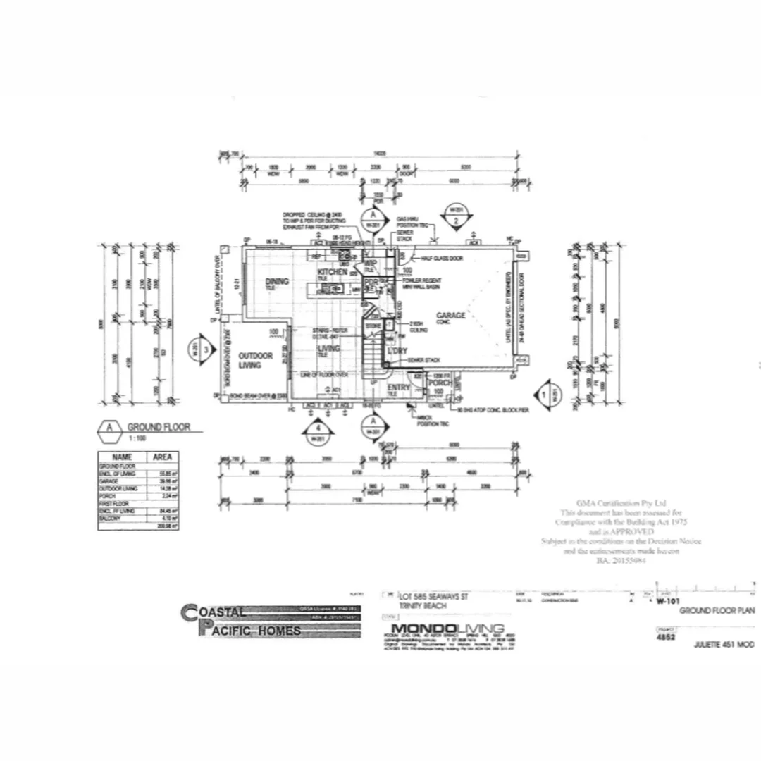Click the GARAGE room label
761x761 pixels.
[x=450, y=316]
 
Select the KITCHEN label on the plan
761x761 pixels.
[x=332, y=272]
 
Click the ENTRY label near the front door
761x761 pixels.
[x=399, y=388]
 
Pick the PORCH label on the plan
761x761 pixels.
[x=440, y=383]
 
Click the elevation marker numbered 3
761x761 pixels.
[x=202, y=349]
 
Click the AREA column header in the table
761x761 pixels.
[x=162, y=457]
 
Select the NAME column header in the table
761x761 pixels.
[x=122, y=457]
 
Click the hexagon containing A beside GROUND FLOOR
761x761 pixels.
[x=109, y=428]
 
